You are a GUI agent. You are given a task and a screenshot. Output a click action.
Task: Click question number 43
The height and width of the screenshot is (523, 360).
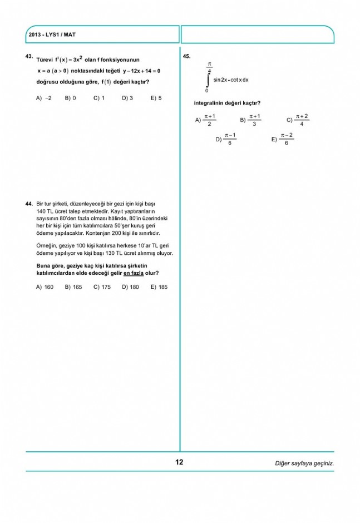click(x=29, y=56)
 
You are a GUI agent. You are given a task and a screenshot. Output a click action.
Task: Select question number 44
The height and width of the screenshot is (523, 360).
click(x=29, y=205)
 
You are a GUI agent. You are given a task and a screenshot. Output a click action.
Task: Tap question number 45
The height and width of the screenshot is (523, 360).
click(x=186, y=56)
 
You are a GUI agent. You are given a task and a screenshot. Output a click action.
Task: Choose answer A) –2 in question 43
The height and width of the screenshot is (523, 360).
click(x=44, y=98)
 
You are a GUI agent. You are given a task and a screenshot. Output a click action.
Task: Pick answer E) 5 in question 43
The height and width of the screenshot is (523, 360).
click(x=156, y=98)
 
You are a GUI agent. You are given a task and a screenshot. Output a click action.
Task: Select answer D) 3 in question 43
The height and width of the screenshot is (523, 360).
click(x=127, y=98)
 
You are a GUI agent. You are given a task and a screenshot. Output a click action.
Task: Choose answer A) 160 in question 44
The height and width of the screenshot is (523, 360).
click(x=45, y=287)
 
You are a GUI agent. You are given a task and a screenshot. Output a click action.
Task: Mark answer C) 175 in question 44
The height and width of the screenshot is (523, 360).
click(x=102, y=287)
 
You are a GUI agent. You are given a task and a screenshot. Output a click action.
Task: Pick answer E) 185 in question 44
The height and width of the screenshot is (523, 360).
click(x=159, y=287)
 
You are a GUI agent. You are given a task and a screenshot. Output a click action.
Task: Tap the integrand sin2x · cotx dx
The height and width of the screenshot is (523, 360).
click(x=231, y=80)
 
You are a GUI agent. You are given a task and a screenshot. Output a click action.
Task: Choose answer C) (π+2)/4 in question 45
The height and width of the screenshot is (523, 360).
click(x=298, y=120)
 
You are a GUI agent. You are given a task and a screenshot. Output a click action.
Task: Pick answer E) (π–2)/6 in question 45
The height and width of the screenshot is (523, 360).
click(x=283, y=139)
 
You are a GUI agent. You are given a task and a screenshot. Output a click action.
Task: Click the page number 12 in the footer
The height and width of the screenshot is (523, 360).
click(x=179, y=462)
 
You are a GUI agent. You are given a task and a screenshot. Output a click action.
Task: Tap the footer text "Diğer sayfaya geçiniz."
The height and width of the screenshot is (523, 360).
click(x=304, y=463)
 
